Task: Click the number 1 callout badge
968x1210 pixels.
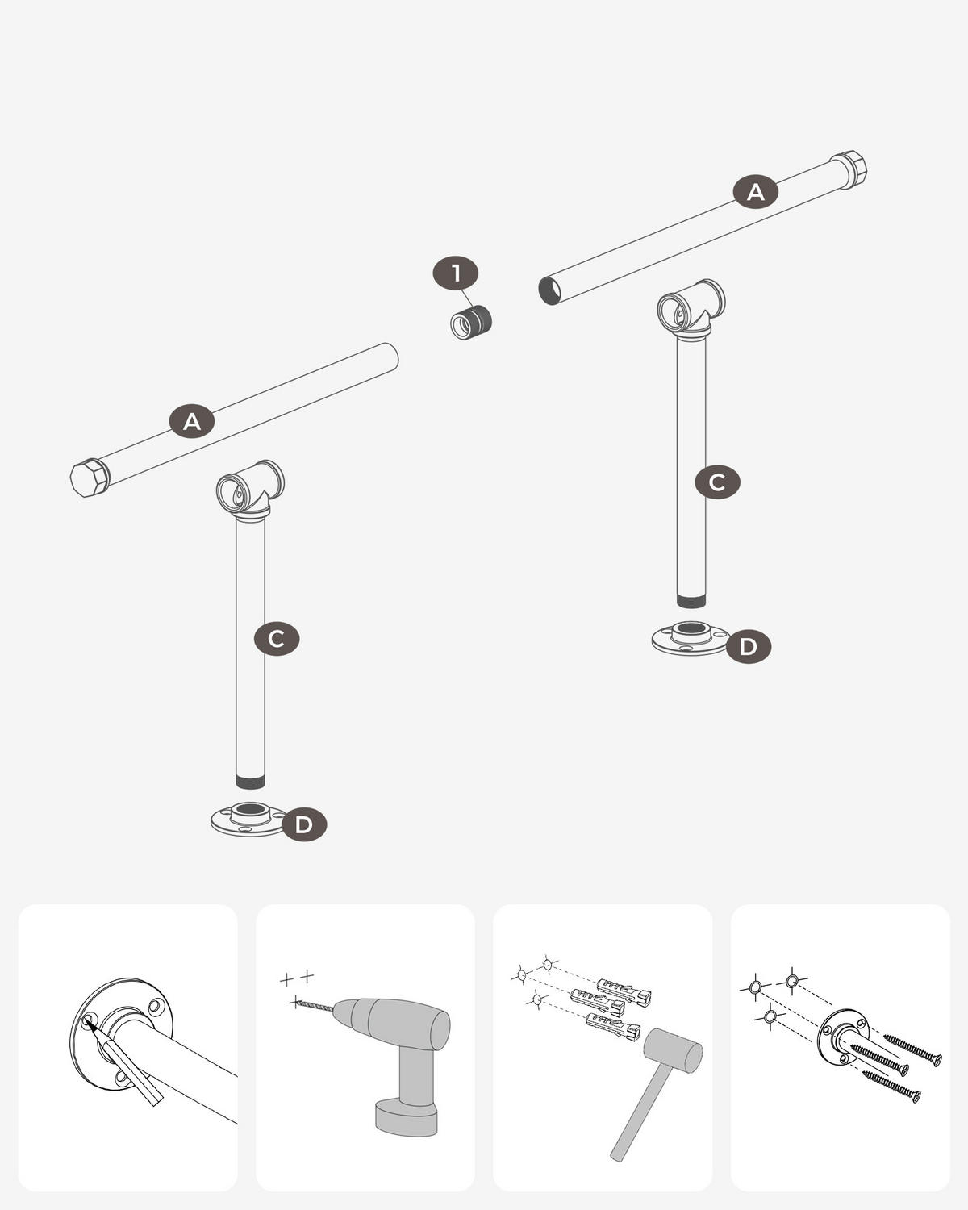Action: (456, 273)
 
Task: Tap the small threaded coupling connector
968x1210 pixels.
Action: (471, 322)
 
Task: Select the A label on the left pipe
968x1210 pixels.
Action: (192, 420)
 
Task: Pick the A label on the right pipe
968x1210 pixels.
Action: (755, 192)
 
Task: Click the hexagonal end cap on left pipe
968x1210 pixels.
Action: (90, 478)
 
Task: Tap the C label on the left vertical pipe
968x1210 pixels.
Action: (276, 639)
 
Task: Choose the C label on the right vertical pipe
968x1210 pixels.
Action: (717, 482)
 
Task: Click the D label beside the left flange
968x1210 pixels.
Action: (304, 824)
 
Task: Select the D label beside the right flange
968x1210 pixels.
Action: (748, 647)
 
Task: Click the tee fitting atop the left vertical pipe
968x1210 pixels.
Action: (250, 491)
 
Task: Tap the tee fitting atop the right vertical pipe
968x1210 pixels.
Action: (691, 311)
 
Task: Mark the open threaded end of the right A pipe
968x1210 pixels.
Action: (549, 291)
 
